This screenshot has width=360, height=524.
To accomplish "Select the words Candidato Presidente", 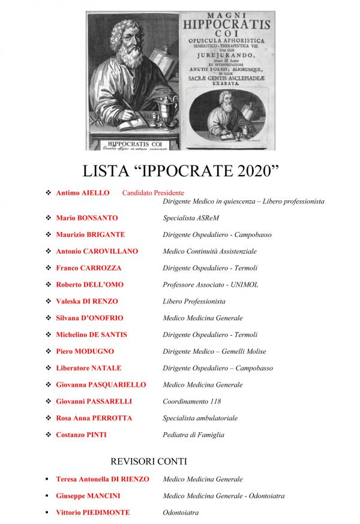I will pos(153,193).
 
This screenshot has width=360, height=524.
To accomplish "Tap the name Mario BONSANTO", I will pos(86,218).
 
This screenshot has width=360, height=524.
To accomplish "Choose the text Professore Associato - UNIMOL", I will pos(210,285).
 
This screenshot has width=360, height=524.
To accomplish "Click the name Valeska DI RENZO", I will pos(86,301).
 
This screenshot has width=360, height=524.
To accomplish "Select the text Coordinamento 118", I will pos(191,401).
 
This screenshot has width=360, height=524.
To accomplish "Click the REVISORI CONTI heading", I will pos(149,462).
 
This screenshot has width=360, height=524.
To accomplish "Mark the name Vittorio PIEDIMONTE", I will pos(92,513).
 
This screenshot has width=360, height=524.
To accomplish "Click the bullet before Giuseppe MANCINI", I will pos(47,496).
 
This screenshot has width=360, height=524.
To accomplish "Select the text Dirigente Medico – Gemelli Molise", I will pos(214,351).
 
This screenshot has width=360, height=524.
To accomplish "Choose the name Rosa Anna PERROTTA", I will pos(94,418).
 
